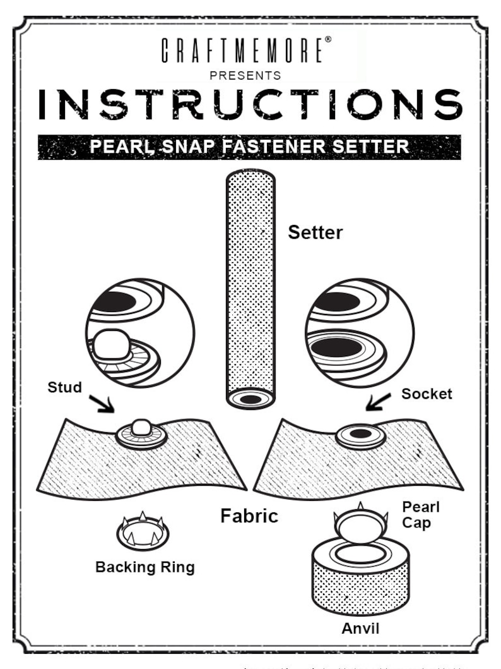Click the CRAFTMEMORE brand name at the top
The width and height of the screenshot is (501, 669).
point(243,51)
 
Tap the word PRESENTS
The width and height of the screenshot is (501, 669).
point(245,75)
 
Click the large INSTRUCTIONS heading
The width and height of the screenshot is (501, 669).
point(250,105)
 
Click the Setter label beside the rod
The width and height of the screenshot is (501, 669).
point(315,232)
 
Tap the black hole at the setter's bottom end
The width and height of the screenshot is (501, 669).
point(250,399)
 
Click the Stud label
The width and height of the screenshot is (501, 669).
point(64,387)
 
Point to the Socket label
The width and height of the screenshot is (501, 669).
point(427,394)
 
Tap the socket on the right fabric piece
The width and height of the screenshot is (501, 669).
point(361,435)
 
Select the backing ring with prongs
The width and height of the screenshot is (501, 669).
point(143,533)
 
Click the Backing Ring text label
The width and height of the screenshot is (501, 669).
point(144,567)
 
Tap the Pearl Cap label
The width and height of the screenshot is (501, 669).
point(421,515)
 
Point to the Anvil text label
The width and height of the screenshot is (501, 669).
point(360,629)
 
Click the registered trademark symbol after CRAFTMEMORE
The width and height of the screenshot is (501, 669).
point(327,40)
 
